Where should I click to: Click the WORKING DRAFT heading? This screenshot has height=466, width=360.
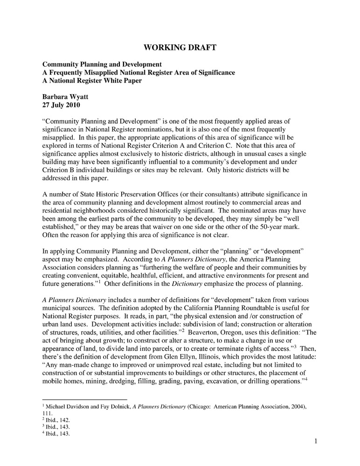pos(180,48)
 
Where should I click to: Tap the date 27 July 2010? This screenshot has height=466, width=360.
pos(61,105)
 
